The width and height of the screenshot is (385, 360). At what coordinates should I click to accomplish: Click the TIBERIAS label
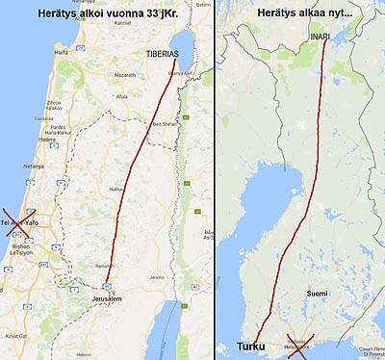[165, 54]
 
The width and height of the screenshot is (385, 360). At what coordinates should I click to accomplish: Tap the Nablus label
[118, 189]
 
